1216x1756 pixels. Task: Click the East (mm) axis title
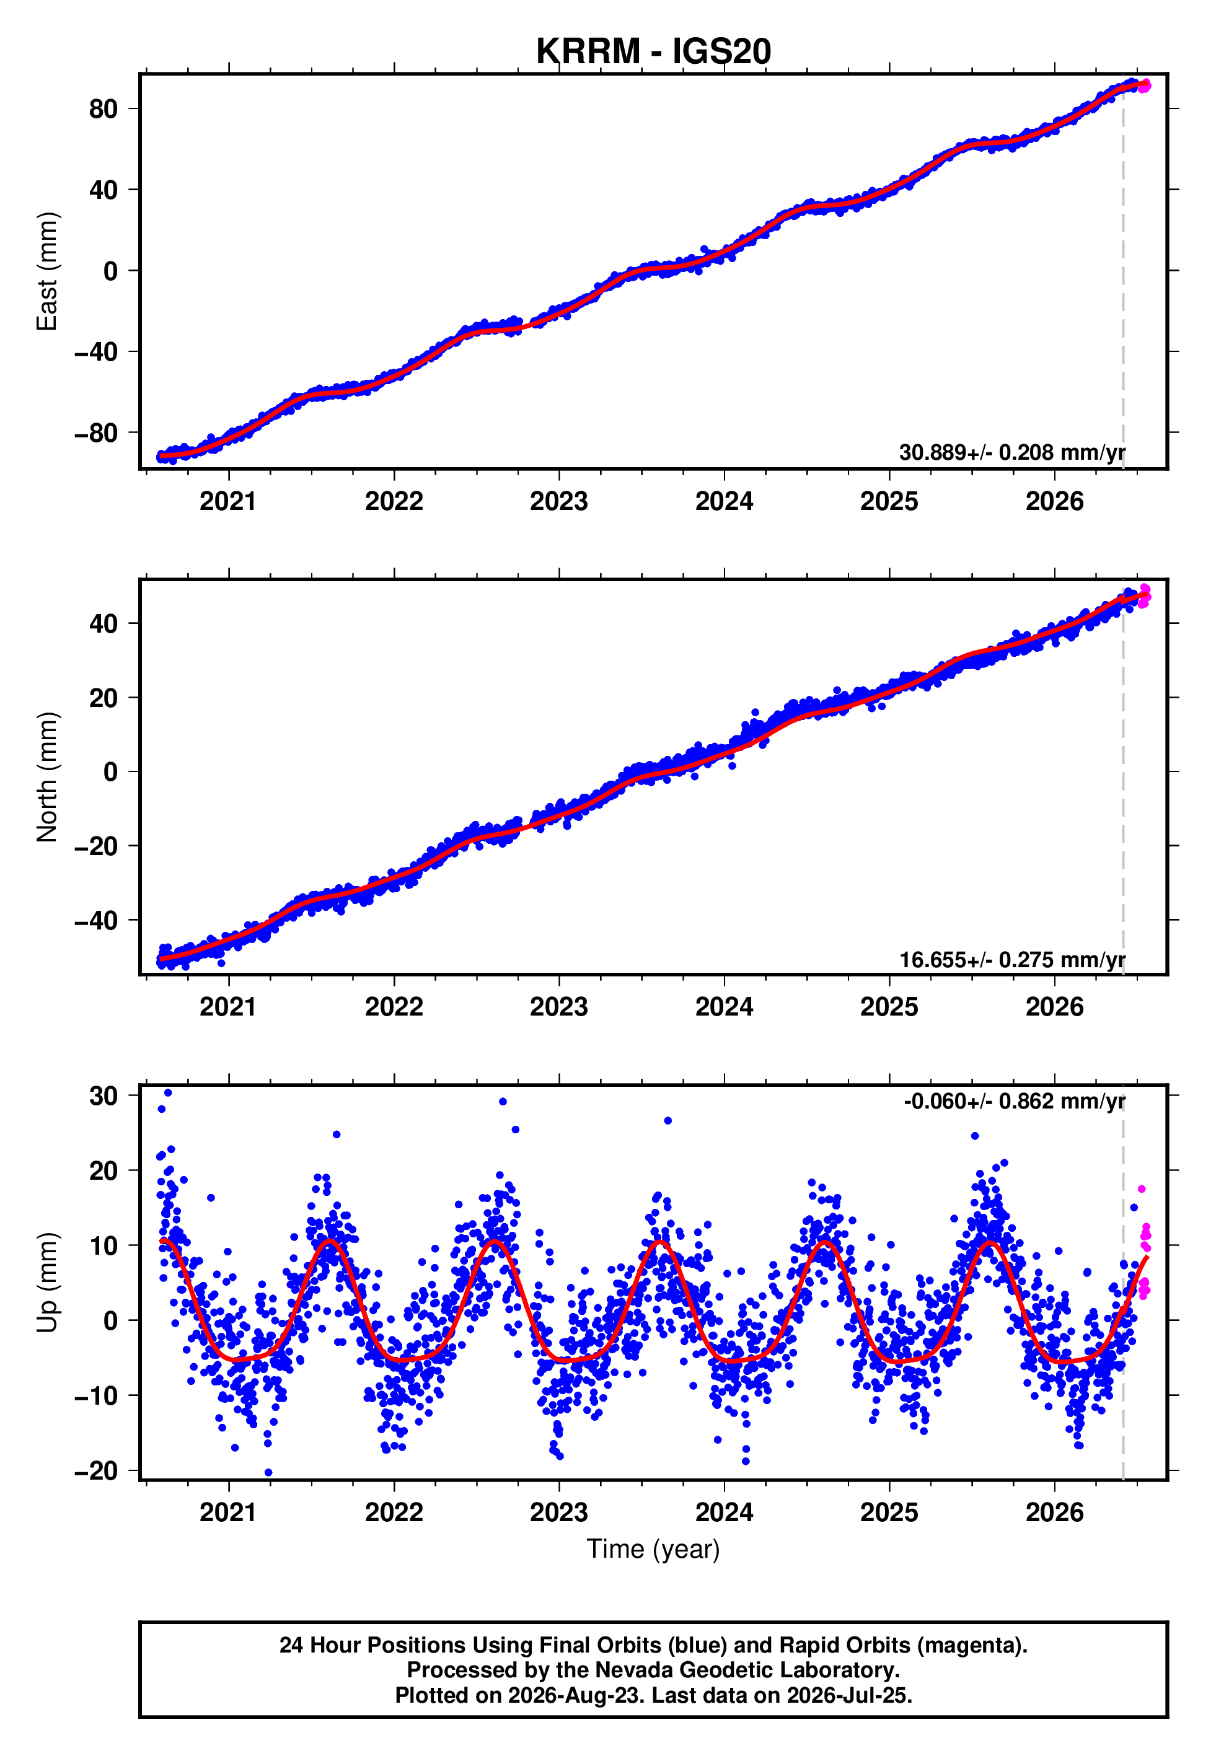47,271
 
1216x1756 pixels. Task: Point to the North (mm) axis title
47,777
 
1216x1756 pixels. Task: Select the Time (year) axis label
653,1549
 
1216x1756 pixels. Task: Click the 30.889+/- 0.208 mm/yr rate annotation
1012,452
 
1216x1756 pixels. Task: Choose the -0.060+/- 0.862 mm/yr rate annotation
1014,1101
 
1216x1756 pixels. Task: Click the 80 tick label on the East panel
104,109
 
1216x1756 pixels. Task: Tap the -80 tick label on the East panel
96,433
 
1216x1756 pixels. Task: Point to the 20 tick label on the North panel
104,698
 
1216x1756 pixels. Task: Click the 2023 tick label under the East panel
558,501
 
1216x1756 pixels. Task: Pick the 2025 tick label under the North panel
889,1007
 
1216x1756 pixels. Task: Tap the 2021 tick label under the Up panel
229,1512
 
